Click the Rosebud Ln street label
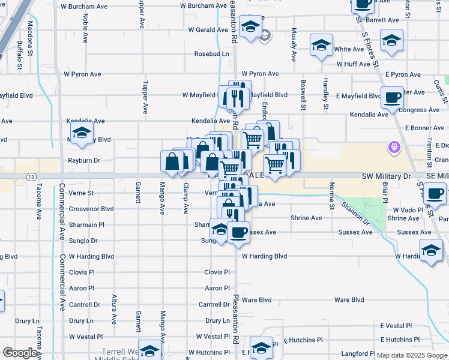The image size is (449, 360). tap(211, 53)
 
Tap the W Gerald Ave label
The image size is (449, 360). tap(208, 29)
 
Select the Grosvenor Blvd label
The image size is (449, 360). tap(91, 209)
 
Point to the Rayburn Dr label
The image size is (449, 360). tap(83, 160)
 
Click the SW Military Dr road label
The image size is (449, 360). tap(385, 176)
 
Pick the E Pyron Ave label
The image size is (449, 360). tap(403, 74)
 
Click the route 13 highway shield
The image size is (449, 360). tap(30, 176)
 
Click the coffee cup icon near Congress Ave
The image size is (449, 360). tap(392, 97)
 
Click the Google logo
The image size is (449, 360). tap(19, 353)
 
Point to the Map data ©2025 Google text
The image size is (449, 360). tap(412, 355)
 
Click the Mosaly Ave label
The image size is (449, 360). tap(294, 44)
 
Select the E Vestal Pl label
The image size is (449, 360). tap(397, 326)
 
